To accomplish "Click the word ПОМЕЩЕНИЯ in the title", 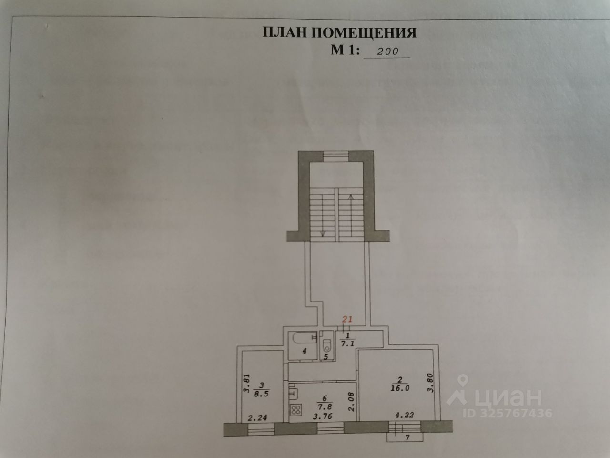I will [364, 32].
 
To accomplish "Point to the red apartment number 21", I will [348, 319].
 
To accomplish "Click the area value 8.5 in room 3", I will [261, 394].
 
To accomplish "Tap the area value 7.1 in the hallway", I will [346, 342].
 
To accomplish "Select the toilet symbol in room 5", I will [326, 344].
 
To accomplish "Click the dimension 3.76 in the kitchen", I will [324, 415].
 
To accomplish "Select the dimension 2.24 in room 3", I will [257, 418].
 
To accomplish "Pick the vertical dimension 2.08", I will [351, 400].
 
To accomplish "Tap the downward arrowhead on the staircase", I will [323, 233].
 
